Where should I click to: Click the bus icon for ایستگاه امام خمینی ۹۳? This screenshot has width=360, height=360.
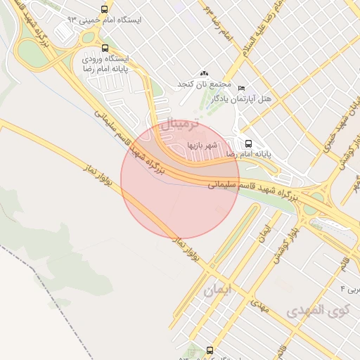[105, 10]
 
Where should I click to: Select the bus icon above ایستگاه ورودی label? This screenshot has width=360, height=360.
[105, 49]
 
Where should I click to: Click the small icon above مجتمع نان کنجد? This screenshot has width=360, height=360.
[205, 73]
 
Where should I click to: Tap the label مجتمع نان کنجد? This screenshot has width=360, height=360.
[205, 84]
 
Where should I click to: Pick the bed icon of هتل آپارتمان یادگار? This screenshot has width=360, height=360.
[242, 87]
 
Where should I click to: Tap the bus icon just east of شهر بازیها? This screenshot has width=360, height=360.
[248, 143]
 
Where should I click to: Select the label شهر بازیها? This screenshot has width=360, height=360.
[203, 146]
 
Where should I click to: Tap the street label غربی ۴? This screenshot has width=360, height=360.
[349, 289]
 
